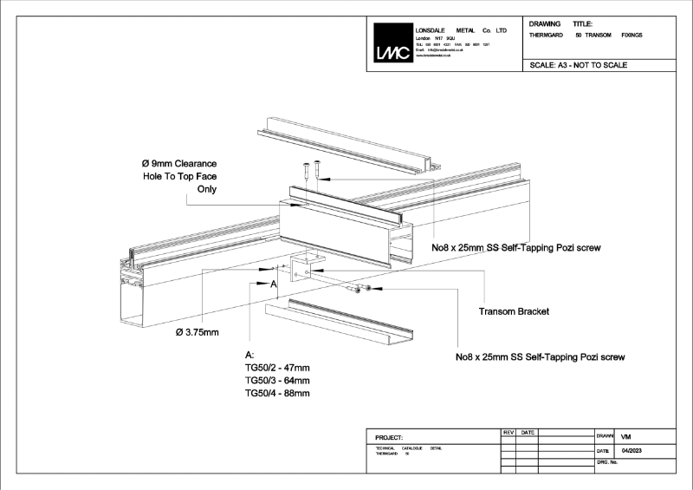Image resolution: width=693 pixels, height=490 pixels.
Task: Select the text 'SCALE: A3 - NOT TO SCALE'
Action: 578,65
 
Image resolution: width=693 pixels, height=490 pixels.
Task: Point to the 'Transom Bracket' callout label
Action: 514,310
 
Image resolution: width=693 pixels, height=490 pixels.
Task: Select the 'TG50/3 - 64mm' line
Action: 277,381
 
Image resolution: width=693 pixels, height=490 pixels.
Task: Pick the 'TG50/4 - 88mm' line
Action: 277,393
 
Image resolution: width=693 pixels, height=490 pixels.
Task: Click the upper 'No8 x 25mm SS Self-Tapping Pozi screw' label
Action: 516,247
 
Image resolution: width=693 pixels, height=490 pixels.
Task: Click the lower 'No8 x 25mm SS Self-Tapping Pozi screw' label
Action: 541,356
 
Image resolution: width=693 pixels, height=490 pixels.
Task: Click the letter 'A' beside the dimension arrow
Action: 273,284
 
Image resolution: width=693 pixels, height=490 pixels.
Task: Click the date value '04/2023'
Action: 634,451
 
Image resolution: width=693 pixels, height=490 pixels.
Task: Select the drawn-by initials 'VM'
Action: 627,436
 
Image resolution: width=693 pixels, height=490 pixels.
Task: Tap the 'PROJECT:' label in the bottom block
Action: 390,437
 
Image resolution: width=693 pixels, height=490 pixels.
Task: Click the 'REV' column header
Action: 508,432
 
